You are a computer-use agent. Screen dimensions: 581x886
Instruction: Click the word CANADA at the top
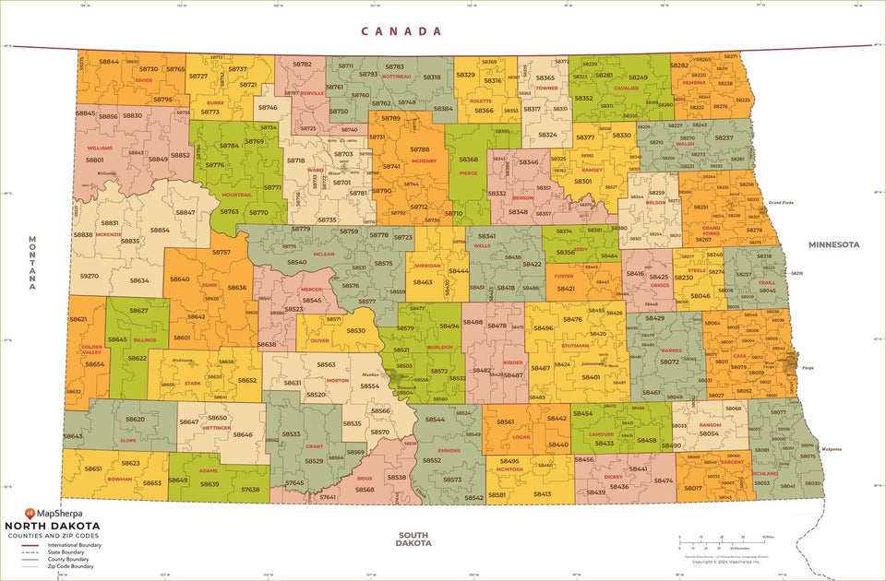point(401,31)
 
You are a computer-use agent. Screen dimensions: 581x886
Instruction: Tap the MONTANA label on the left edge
point(31,263)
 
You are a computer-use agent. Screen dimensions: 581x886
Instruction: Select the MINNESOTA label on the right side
point(833,244)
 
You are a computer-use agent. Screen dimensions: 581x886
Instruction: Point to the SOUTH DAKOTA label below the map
point(414,539)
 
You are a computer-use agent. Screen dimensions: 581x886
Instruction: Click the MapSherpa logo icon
point(30,512)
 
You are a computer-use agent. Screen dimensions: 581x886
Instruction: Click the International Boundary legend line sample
point(32,545)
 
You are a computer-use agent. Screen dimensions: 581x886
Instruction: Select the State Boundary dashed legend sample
point(32,552)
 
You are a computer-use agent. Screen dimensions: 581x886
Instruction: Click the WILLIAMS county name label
point(100,148)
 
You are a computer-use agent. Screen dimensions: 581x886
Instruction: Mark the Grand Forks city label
point(782,202)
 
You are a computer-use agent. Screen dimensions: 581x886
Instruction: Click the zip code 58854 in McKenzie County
point(160,231)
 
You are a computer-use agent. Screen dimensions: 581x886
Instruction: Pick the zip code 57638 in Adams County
point(250,490)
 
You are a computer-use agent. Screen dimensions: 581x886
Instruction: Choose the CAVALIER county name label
point(626,89)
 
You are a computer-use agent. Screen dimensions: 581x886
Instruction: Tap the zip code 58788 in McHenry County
point(420,148)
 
